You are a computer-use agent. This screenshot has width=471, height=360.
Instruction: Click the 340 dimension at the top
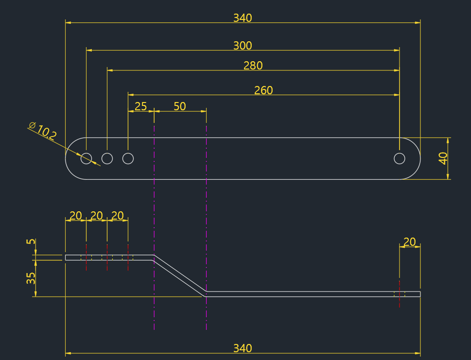(x=243, y=18)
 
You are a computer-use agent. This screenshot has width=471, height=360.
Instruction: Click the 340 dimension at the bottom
(x=243, y=348)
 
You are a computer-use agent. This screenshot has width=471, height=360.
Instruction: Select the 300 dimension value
(x=243, y=46)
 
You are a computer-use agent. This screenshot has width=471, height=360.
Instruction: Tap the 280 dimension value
(x=253, y=66)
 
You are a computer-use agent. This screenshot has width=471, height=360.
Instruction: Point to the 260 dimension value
(x=263, y=90)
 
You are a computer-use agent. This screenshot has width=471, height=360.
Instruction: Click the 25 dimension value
(x=140, y=106)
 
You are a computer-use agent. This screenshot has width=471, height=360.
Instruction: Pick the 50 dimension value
(x=180, y=106)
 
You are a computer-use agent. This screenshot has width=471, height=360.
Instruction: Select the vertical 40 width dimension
(x=443, y=158)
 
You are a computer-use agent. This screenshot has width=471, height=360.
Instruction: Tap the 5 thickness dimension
(x=31, y=241)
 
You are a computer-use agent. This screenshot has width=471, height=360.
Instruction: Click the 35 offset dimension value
(x=31, y=278)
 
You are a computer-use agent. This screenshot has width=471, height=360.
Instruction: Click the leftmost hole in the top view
(x=86, y=158)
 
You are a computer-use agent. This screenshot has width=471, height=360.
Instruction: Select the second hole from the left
(x=107, y=158)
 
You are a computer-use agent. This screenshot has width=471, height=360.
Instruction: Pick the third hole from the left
(x=128, y=158)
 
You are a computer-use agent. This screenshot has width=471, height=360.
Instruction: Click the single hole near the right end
(x=399, y=158)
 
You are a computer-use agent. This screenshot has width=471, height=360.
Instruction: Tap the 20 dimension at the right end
(x=409, y=242)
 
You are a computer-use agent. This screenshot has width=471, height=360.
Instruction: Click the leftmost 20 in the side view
(x=76, y=216)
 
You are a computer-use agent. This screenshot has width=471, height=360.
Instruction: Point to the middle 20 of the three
(x=97, y=216)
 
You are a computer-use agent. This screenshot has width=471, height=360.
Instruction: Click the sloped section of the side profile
(x=179, y=274)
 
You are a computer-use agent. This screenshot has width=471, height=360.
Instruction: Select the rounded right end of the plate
(x=416, y=158)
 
